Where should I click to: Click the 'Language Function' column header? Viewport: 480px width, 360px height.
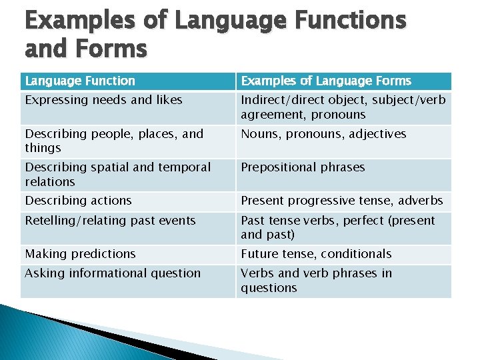click(80, 81)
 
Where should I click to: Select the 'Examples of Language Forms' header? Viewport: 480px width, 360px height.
click(326, 81)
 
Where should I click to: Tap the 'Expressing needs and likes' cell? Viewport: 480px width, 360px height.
click(103, 100)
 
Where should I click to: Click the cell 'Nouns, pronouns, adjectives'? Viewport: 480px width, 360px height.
click(323, 134)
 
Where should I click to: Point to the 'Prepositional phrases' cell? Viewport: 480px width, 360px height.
click(303, 167)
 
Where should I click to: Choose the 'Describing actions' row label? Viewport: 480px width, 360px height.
click(79, 201)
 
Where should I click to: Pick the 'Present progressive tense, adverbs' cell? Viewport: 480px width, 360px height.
click(341, 201)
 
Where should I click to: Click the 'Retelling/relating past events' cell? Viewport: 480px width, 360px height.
click(110, 221)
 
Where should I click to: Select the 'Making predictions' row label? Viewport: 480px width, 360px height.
click(80, 254)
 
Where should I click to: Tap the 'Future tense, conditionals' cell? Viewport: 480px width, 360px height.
click(316, 254)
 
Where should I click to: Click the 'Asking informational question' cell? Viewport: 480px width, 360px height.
click(113, 273)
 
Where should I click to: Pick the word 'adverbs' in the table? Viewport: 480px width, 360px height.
click(421, 201)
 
